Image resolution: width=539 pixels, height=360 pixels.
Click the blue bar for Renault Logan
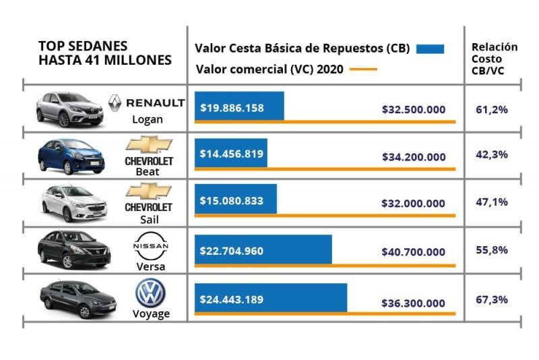[x=239, y=107]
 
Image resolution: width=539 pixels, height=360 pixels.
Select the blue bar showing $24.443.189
[x=271, y=298]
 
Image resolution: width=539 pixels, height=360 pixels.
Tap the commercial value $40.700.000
[x=413, y=251]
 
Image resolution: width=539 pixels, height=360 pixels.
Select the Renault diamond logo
[x=115, y=103]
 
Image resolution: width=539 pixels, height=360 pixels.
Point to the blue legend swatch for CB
[x=431, y=49]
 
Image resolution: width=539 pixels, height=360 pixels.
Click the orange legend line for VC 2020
[x=363, y=69]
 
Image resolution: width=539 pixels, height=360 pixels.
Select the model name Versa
[x=150, y=266]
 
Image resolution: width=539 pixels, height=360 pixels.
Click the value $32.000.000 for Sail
[x=413, y=204]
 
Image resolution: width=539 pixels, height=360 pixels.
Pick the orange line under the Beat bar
[x=325, y=169]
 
